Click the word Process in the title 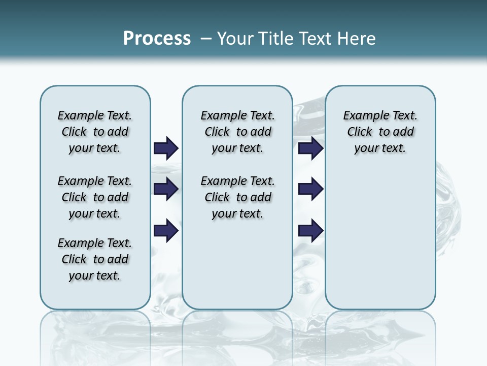157,39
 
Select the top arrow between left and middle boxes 166,148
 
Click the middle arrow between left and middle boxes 166,189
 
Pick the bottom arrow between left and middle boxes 166,230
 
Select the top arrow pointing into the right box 311,148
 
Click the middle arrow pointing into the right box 311,189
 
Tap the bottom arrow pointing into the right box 311,230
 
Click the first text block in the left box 95,132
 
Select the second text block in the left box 95,197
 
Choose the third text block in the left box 95,259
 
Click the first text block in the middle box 237,132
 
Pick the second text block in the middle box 237,197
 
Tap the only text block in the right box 380,132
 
